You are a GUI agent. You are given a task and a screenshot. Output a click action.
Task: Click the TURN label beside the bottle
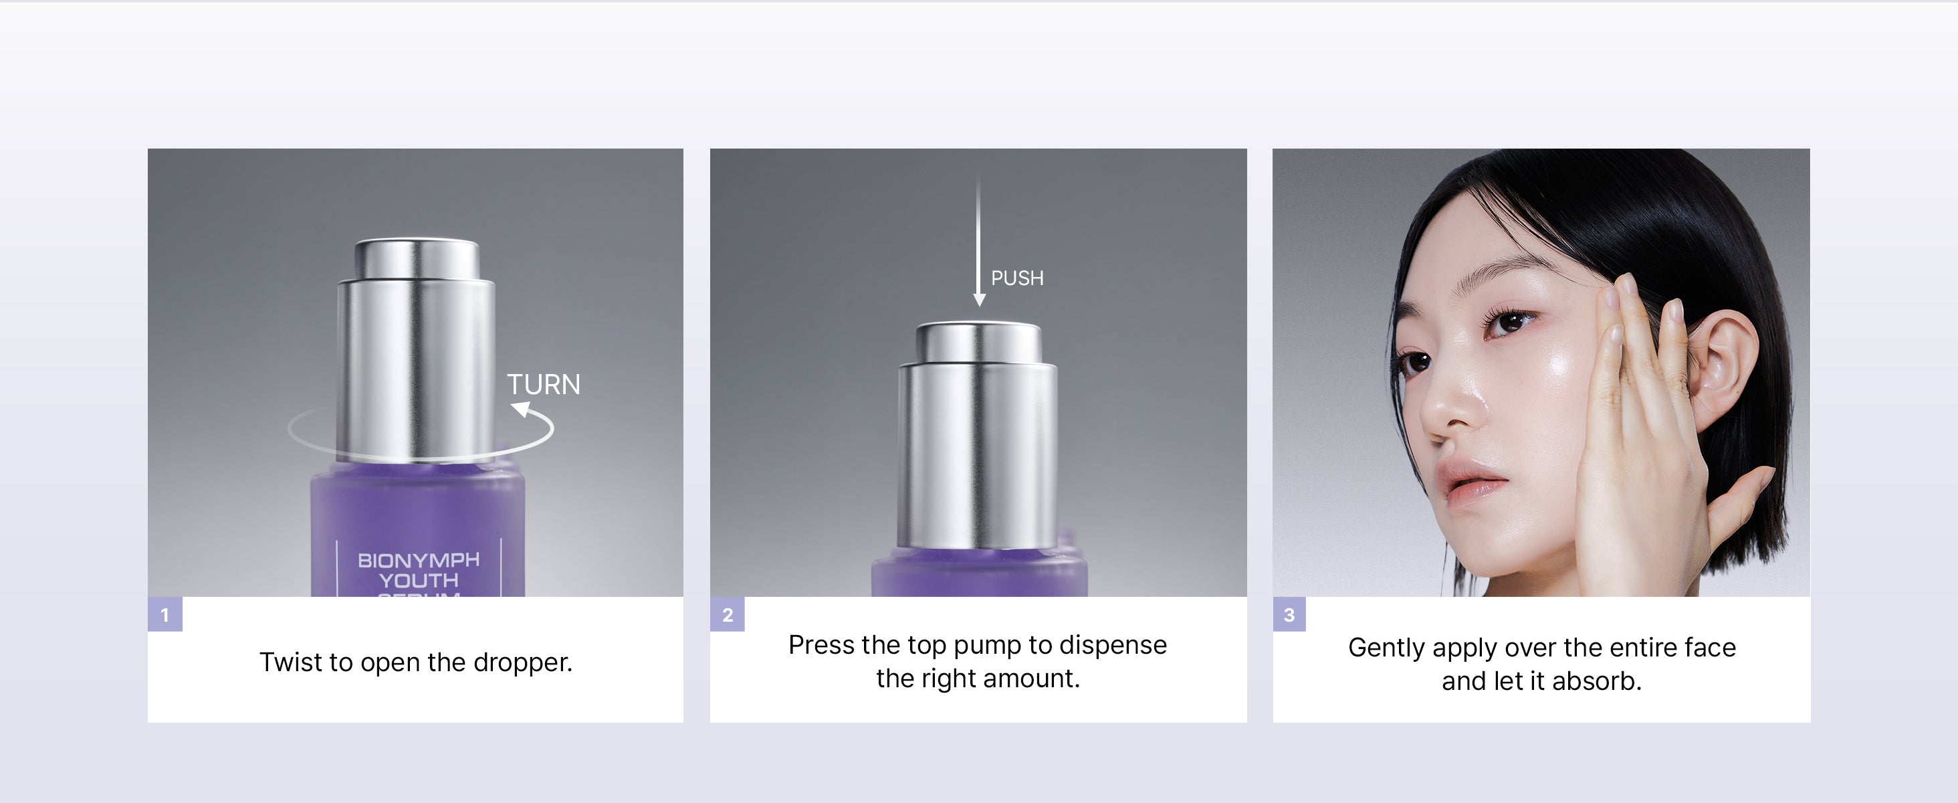544,385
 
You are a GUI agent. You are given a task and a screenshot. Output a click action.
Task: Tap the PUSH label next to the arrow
1017,278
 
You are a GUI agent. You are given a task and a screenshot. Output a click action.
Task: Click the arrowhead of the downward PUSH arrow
979,300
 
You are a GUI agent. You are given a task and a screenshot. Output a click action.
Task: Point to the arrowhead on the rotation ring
522,411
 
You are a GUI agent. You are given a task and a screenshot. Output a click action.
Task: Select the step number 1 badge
165,614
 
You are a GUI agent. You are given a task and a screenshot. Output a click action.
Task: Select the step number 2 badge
728,614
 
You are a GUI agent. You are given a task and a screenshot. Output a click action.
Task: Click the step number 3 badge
1289,614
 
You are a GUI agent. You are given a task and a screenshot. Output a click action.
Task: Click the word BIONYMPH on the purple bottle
419,561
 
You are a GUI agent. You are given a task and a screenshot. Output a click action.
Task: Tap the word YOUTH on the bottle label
419,581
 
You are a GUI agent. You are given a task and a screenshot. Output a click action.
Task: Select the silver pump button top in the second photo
978,341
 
